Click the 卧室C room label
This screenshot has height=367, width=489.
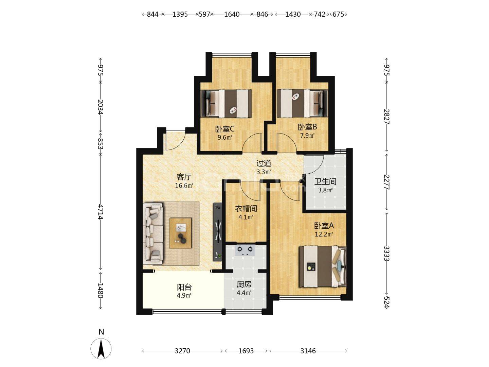224,129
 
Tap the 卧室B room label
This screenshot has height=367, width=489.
307,127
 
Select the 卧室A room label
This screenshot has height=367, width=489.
324,226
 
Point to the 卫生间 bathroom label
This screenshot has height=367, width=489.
325,181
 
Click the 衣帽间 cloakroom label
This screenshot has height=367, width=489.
246,209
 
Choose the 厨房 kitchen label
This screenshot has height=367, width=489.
244,284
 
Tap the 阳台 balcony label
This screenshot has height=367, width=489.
184,287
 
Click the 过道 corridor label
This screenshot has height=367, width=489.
264,163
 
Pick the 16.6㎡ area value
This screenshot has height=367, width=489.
184,186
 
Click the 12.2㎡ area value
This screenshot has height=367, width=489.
324,234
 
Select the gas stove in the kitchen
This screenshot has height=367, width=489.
245,250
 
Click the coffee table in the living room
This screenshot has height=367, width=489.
180,233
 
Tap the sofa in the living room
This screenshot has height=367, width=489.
154,233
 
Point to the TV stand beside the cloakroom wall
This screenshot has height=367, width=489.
218,231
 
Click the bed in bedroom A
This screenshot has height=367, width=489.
323,266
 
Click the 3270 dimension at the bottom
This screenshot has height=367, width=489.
182,351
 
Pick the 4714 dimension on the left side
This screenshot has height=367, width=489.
101,212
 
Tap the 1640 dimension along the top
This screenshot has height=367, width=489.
232,14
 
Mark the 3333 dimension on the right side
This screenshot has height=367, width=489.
387,254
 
